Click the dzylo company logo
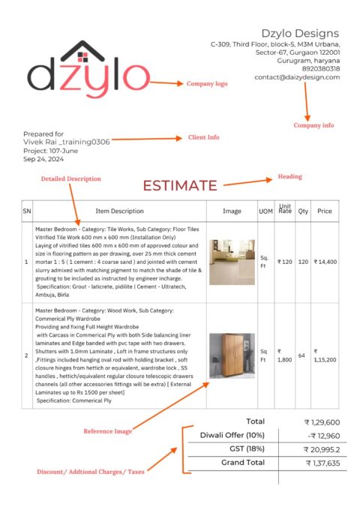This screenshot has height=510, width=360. (x=88, y=73)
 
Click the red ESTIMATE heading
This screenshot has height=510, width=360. (x=180, y=185)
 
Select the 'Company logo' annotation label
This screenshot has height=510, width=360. (x=206, y=84)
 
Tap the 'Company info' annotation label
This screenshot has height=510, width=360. (x=313, y=125)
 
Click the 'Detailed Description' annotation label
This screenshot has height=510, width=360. (x=70, y=178)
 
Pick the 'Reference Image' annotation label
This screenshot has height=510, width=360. (x=107, y=430)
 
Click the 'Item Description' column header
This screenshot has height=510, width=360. (x=119, y=211)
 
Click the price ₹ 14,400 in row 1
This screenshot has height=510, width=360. (x=325, y=262)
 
